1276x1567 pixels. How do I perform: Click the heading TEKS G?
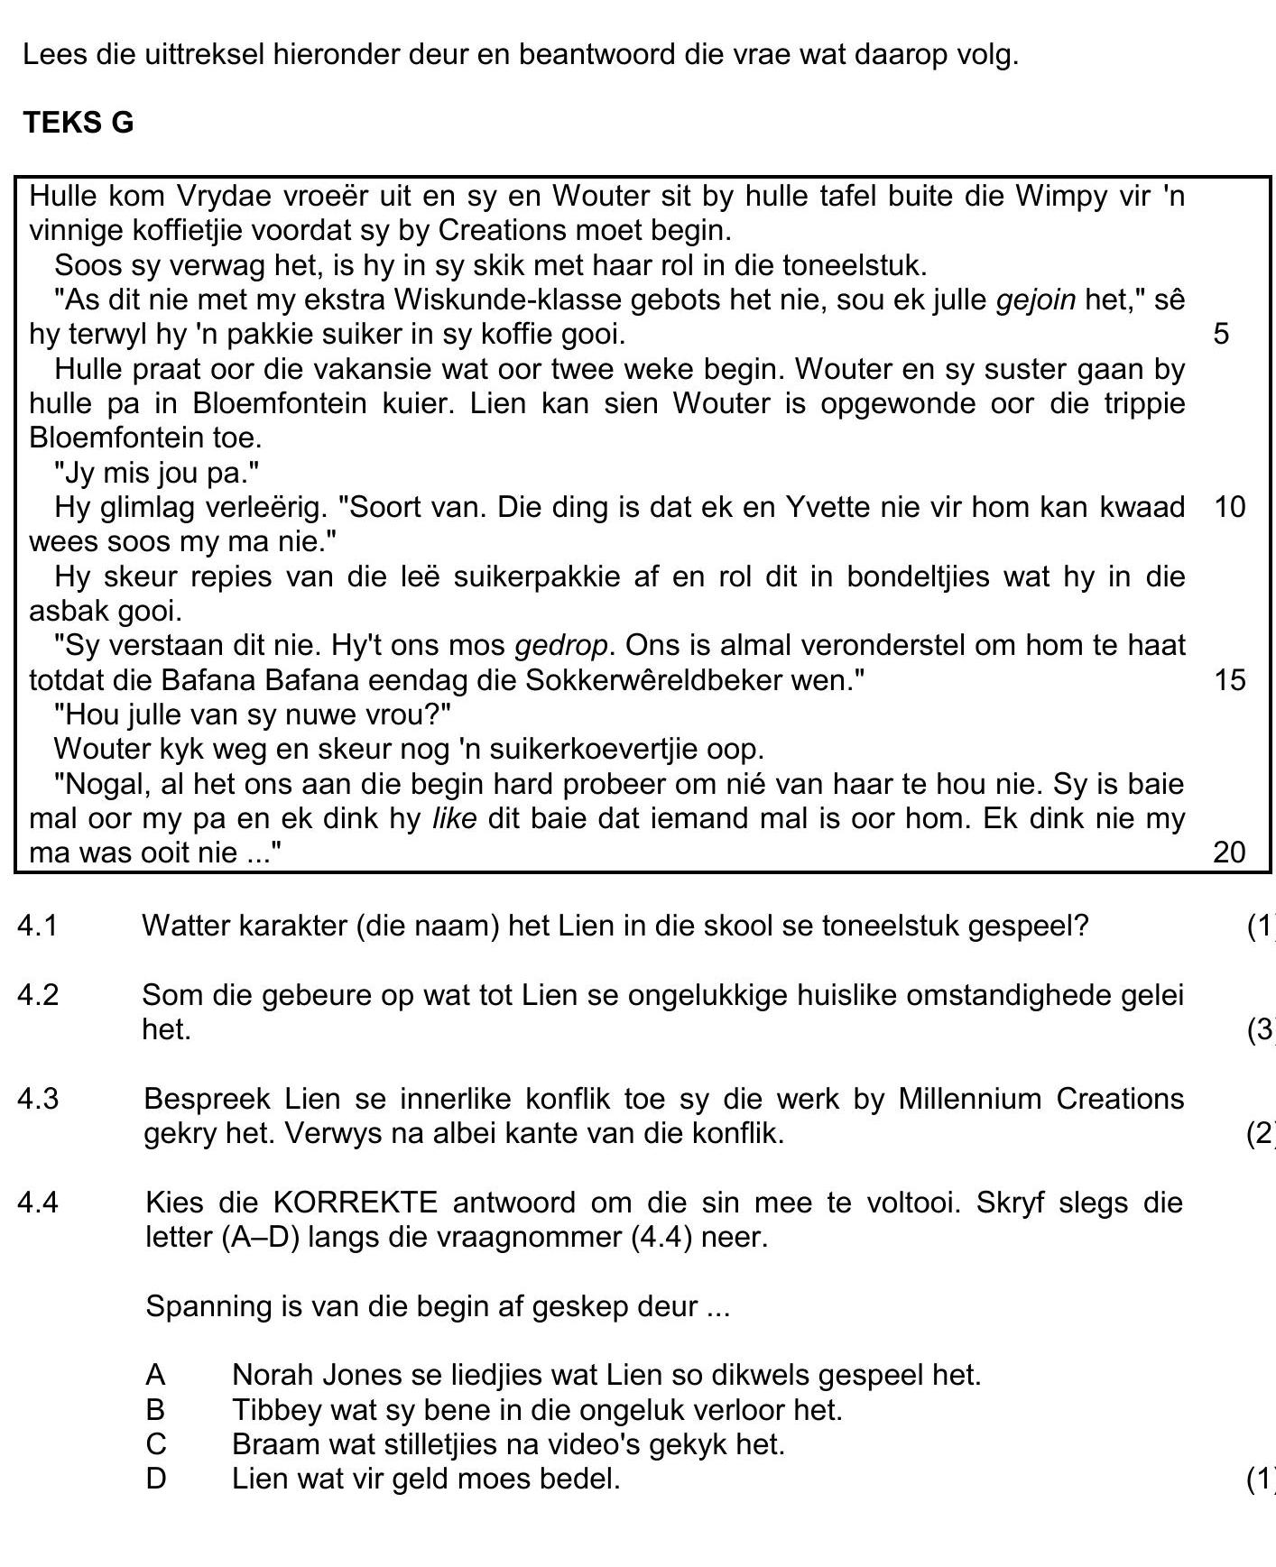coord(79,122)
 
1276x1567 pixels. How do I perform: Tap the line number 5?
coord(1220,334)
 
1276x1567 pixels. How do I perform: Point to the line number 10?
coord(1229,507)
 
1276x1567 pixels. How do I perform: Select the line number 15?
coord(1229,679)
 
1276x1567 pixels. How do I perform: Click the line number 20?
coord(1229,852)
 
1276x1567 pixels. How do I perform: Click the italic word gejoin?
coord(1036,300)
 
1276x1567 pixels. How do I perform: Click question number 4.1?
coord(38,926)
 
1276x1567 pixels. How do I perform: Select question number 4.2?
coord(38,995)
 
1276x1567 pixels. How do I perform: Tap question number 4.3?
coord(38,1099)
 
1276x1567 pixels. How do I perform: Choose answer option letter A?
coord(155,1375)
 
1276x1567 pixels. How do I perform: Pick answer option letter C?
coord(155,1444)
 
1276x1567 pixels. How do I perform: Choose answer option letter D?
coord(155,1479)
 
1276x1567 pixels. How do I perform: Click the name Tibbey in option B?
coord(275,1409)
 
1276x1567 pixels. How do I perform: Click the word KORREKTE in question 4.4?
coord(355,1203)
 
